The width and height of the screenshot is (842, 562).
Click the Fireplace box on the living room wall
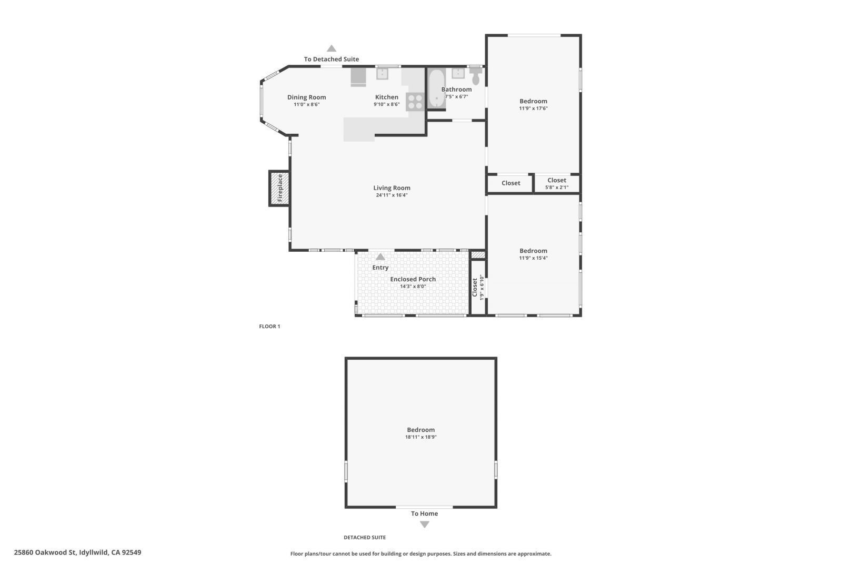click(279, 188)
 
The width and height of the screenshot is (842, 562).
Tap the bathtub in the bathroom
click(436, 88)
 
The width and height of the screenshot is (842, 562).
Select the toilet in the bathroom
click(476, 77)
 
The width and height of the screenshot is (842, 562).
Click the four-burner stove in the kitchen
click(415, 101)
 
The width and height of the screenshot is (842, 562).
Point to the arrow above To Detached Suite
click(332, 48)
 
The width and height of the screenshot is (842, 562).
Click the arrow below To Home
click(425, 525)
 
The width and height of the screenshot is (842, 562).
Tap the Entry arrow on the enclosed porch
click(380, 257)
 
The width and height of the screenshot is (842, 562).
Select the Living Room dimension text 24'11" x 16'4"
click(392, 195)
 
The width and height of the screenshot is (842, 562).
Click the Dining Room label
click(306, 97)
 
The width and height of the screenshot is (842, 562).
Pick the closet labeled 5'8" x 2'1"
click(557, 183)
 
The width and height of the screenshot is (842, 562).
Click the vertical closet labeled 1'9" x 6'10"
click(477, 288)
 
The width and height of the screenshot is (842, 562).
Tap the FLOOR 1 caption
click(269, 327)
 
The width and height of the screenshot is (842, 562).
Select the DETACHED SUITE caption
click(365, 538)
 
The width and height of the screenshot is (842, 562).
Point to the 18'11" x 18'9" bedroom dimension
click(420, 437)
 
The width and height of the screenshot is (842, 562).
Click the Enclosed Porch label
click(413, 279)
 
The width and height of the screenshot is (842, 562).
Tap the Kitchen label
click(386, 97)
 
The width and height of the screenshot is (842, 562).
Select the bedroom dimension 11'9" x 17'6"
click(533, 109)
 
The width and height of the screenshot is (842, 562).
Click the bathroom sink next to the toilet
click(458, 73)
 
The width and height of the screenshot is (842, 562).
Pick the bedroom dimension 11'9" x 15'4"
click(533, 258)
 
